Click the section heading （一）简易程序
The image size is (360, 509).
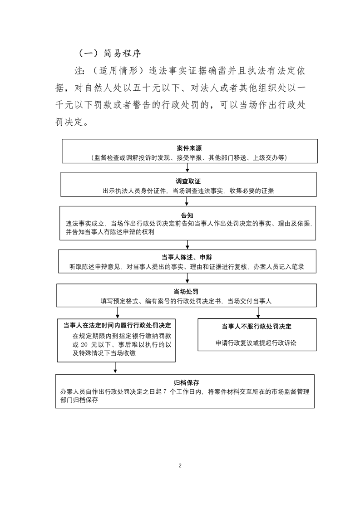[109, 53]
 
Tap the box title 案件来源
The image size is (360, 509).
[189, 148]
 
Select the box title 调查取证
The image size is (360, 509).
[188, 181]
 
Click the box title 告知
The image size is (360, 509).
[187, 215]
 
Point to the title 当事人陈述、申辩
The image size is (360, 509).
[187, 257]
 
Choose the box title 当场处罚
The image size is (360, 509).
[186, 292]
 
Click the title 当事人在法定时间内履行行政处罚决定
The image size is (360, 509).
[117, 325]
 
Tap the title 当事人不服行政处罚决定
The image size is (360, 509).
[256, 327]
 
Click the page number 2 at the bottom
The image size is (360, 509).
[180, 465]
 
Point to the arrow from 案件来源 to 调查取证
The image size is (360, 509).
[187, 167]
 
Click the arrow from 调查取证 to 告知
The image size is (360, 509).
[187, 201]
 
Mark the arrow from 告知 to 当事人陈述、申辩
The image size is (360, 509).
[187, 245]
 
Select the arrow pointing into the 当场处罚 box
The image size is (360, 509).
[187, 279]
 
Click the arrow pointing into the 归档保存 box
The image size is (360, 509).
[115, 368]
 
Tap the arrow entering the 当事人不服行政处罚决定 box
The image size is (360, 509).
[258, 313]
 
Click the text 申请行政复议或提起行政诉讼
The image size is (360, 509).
[256, 343]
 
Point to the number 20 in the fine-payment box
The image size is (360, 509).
[84, 345]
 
